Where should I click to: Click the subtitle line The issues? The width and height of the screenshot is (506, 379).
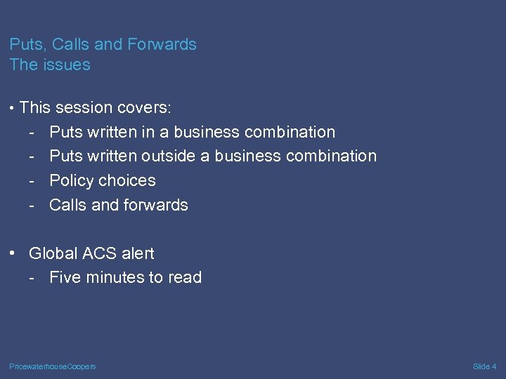(x=50, y=65)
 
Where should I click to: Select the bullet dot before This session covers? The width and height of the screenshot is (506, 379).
(x=13, y=108)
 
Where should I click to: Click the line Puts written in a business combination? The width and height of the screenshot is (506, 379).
(x=192, y=132)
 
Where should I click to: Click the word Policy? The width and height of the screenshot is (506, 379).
(x=72, y=180)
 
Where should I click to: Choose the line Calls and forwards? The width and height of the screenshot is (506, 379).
(x=118, y=205)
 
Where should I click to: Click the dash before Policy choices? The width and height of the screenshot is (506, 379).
(x=32, y=181)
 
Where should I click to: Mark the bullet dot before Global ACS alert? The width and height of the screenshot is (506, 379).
(x=13, y=253)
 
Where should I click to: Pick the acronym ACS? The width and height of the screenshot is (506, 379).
(x=101, y=253)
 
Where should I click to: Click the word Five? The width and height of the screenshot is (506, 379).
(x=65, y=278)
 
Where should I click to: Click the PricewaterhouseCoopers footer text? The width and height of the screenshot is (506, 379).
(x=53, y=366)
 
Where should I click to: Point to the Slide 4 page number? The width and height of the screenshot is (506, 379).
(x=484, y=366)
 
